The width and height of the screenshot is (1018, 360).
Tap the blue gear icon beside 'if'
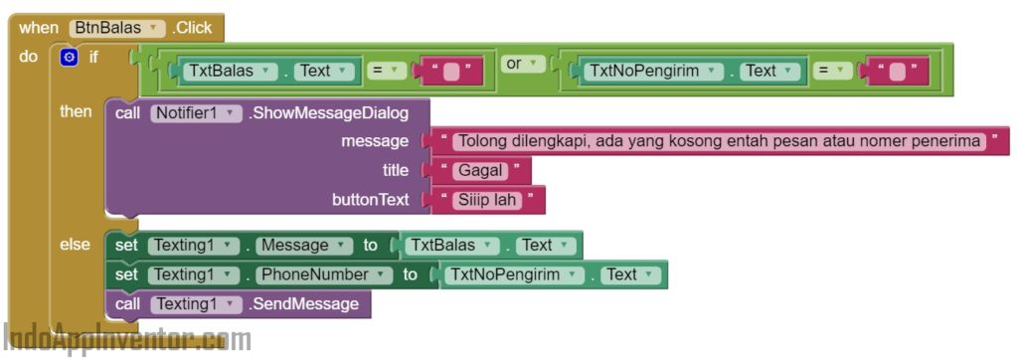click(69, 58)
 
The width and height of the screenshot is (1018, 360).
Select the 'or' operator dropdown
click(522, 65)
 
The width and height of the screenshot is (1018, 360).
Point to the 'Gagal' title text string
click(479, 171)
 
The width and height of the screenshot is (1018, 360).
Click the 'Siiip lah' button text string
click(487, 200)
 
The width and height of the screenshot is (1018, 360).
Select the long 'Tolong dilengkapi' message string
click(720, 141)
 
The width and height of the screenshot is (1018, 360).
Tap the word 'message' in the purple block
click(375, 141)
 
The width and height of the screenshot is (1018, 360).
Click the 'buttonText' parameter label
click(370, 200)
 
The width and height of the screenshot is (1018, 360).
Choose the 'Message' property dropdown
click(304, 246)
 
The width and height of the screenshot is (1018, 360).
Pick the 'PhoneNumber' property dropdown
click(325, 274)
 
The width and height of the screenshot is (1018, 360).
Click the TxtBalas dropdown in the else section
click(451, 246)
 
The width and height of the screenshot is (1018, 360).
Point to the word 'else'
click(75, 245)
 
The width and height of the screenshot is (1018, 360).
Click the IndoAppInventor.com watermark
click(127, 340)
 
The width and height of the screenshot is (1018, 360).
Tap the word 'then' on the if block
click(76, 111)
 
